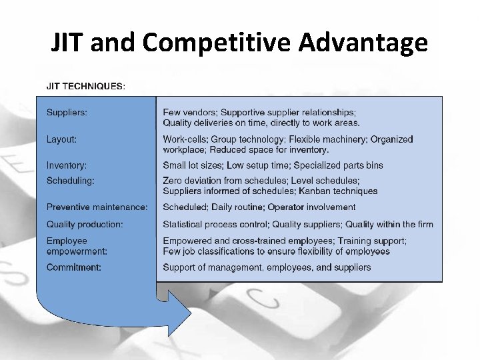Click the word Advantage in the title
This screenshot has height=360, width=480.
pyautogui.click(x=363, y=42)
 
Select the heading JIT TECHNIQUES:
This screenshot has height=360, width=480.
pyautogui.click(x=85, y=87)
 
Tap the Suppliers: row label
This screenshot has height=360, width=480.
pyautogui.click(x=67, y=112)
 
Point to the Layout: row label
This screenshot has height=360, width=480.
pyautogui.click(x=61, y=139)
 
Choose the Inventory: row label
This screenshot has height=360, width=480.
pyautogui.click(x=67, y=165)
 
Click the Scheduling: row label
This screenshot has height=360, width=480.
pyautogui.click(x=70, y=181)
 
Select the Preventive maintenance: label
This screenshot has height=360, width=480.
pyautogui.click(x=97, y=207)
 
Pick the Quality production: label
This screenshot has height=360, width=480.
pyautogui.click(x=85, y=224)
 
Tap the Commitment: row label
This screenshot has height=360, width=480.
pyautogui.click(x=73, y=267)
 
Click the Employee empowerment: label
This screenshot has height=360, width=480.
pyautogui.click(x=77, y=246)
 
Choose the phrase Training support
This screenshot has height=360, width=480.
pyautogui.click(x=371, y=241)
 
